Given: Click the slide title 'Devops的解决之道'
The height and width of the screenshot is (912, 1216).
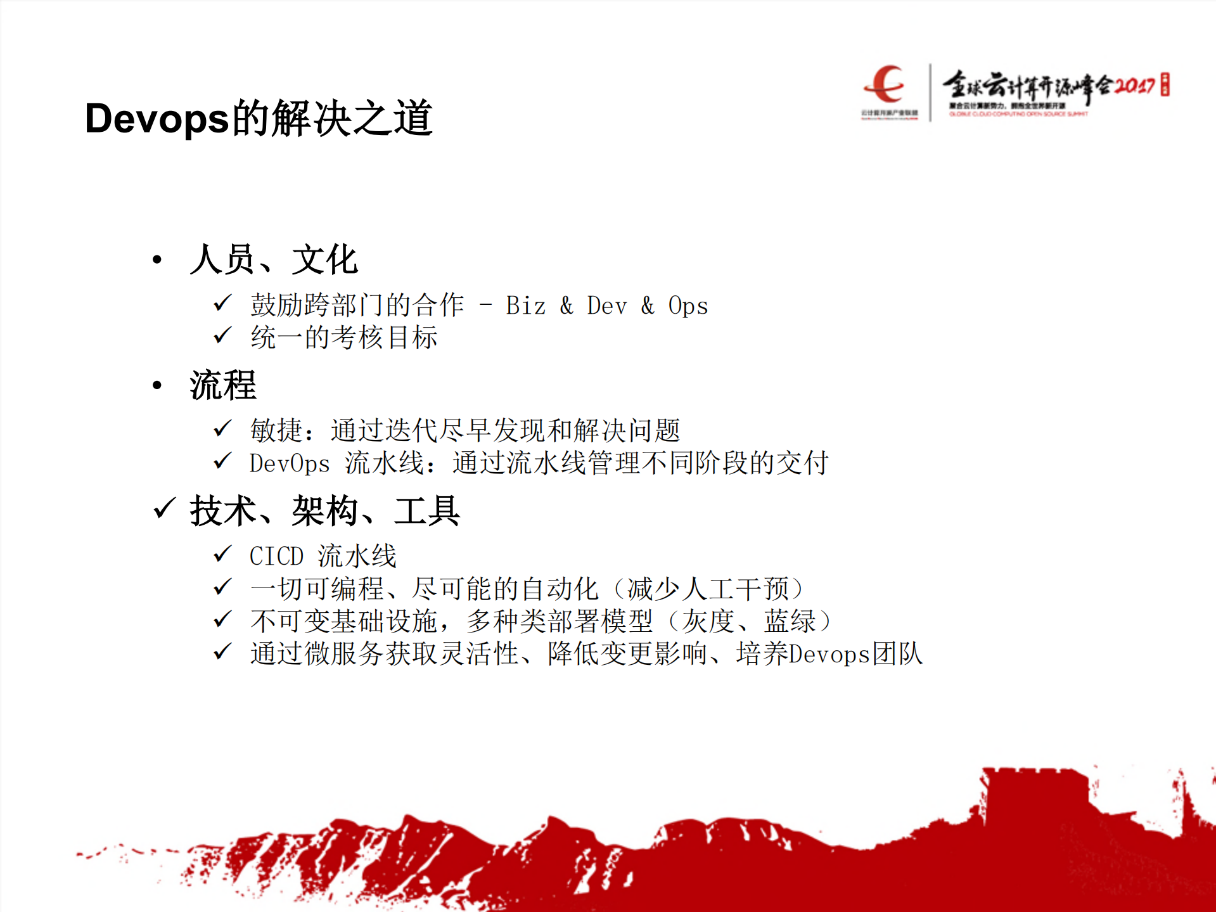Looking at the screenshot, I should pyautogui.click(x=259, y=119).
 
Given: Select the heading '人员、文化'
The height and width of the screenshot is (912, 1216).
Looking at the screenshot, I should pyautogui.click(x=274, y=260).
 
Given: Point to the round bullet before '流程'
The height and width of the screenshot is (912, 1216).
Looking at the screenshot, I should pyautogui.click(x=158, y=385).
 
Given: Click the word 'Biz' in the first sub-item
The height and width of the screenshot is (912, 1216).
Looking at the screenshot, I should pyautogui.click(x=525, y=306).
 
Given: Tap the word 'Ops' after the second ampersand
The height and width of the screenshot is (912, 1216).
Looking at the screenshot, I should pyautogui.click(x=688, y=306).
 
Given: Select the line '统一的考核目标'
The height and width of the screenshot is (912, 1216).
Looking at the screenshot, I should pyautogui.click(x=343, y=337).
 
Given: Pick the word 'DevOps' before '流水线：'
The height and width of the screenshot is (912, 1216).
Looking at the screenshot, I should pyautogui.click(x=290, y=463).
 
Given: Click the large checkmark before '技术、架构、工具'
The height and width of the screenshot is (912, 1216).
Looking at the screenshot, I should pyautogui.click(x=164, y=508).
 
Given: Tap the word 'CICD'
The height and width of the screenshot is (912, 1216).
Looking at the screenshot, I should pyautogui.click(x=276, y=556).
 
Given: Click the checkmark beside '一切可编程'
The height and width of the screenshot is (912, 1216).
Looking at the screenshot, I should pyautogui.click(x=222, y=587).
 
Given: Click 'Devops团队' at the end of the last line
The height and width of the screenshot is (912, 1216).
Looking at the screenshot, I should pyautogui.click(x=855, y=654).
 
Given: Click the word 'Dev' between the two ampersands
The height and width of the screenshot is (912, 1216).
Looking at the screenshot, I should pyautogui.click(x=606, y=306).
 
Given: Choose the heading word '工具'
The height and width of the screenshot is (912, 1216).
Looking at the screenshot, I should pyautogui.click(x=426, y=511).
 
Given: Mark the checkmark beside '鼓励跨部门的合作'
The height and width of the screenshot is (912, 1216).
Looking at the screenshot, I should pyautogui.click(x=222, y=304).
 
